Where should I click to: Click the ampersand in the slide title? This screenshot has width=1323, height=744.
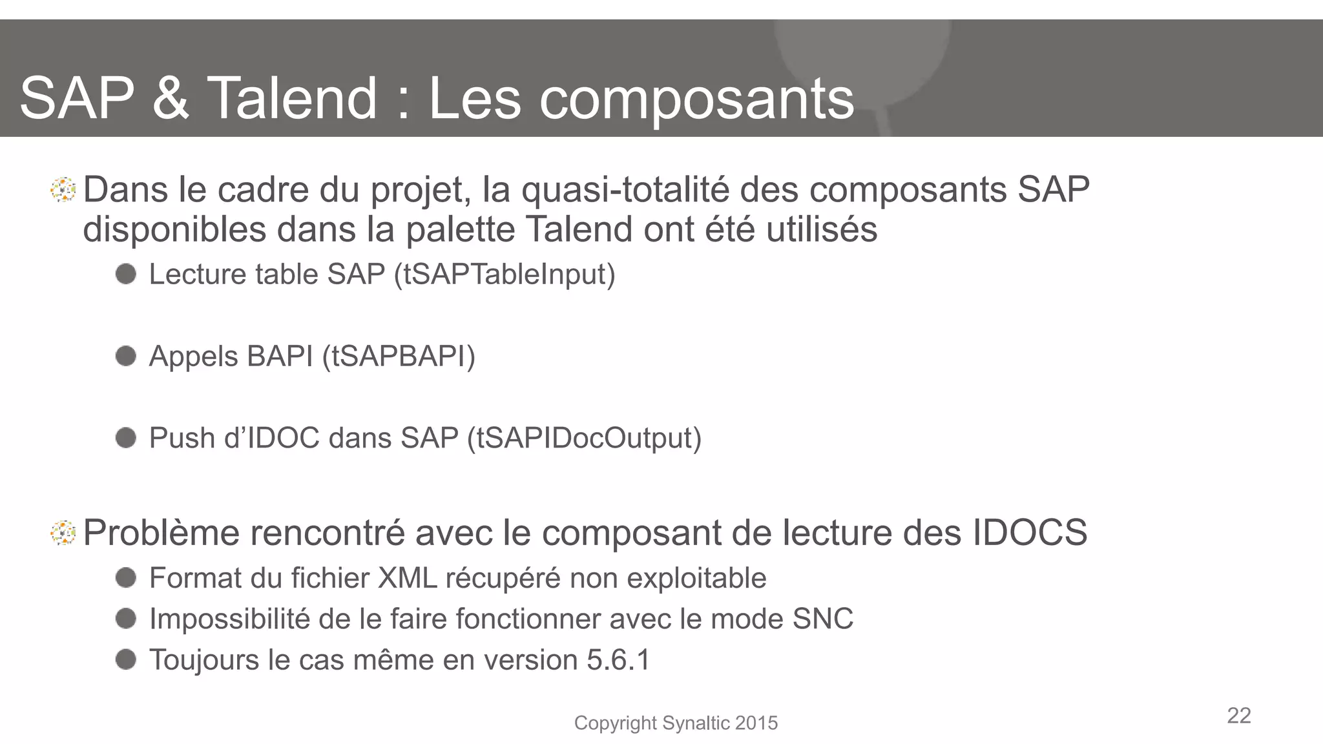(171, 98)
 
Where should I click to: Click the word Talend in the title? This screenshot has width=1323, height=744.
(291, 98)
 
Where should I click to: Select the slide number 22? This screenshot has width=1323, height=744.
(1238, 716)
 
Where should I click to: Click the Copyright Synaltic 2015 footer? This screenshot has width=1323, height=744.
(676, 723)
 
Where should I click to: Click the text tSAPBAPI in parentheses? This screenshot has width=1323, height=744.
(399, 356)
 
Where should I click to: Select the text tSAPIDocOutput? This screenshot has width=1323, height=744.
(584, 439)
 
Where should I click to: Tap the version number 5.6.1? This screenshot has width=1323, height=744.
(618, 660)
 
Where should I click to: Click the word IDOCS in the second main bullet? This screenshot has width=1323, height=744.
(1029, 533)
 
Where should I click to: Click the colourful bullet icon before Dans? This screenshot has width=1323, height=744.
(63, 190)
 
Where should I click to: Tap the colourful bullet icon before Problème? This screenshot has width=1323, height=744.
(63, 533)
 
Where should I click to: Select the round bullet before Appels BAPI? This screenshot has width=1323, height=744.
(126, 356)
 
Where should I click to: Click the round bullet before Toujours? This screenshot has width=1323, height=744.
(126, 659)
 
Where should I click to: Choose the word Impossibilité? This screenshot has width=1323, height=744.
(229, 619)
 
